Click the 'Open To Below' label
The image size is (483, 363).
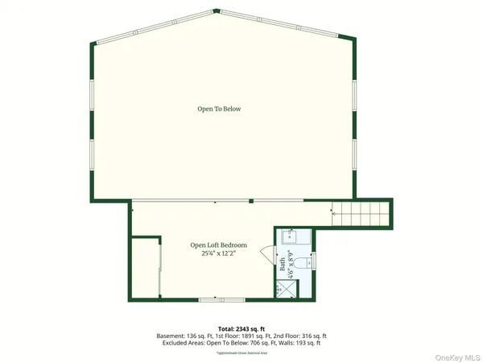click(219, 109)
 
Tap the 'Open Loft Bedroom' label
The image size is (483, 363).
click(218, 244)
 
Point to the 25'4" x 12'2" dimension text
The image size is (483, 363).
click(218, 253)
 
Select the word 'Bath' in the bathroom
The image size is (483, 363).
click(283, 265)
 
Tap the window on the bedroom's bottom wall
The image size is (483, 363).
click(211, 299)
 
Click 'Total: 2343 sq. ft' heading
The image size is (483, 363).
click(241, 328)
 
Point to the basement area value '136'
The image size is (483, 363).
click(196, 336)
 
